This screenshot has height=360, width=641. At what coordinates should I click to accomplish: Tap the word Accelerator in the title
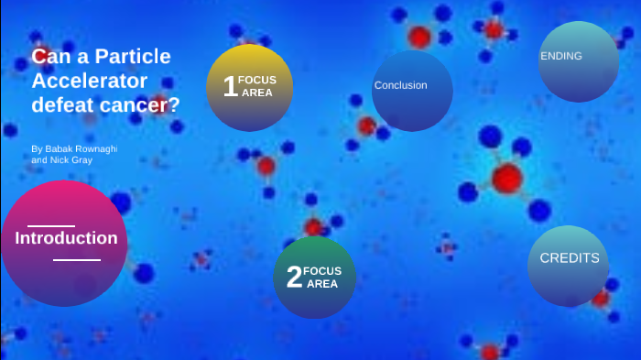pos(89,81)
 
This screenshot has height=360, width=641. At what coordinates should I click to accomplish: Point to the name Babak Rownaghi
pos(87,148)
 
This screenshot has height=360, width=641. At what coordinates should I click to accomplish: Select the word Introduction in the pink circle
pos(66,238)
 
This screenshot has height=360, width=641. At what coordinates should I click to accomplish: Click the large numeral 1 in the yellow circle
pos(230,87)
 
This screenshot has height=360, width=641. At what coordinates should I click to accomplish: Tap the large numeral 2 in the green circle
pos(294,278)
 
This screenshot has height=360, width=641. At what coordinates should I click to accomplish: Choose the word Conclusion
pos(400,85)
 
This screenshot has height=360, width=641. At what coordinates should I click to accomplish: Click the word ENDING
pos(561,56)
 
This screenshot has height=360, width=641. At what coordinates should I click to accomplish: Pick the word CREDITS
pos(570,258)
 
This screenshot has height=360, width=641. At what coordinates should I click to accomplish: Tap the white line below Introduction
pos(77,260)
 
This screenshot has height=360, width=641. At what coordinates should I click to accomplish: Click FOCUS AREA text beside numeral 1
pos(257,86)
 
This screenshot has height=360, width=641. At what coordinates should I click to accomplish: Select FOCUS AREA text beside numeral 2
pos(322,277)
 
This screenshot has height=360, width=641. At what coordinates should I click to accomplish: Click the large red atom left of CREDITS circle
pos(506,177)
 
